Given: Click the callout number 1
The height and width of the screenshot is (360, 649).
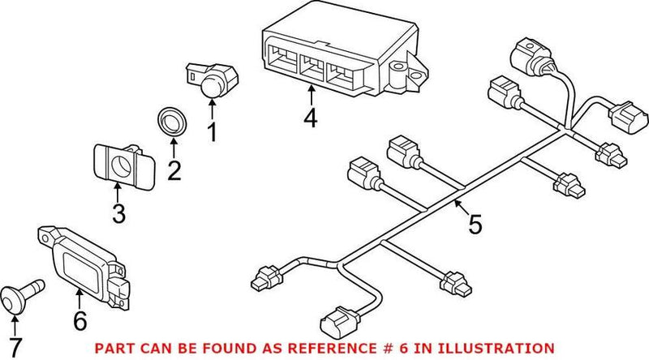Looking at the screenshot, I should [212, 131].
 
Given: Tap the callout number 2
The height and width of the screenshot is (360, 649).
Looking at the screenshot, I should [173, 172].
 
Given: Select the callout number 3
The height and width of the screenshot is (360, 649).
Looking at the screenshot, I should [118, 215].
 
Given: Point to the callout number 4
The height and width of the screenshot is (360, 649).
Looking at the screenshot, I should [311, 119].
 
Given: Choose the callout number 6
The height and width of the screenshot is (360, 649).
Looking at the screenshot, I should [80, 320].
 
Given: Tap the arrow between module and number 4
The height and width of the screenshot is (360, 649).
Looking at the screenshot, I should [311, 96].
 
